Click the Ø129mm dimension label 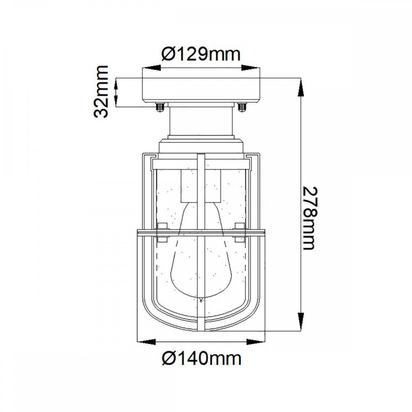(201, 54)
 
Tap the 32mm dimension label (101, 92)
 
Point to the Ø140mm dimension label (201, 358)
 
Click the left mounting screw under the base (159, 107)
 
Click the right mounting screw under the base (242, 107)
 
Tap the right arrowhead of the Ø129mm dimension (250, 68)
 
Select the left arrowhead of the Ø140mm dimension (147, 342)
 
